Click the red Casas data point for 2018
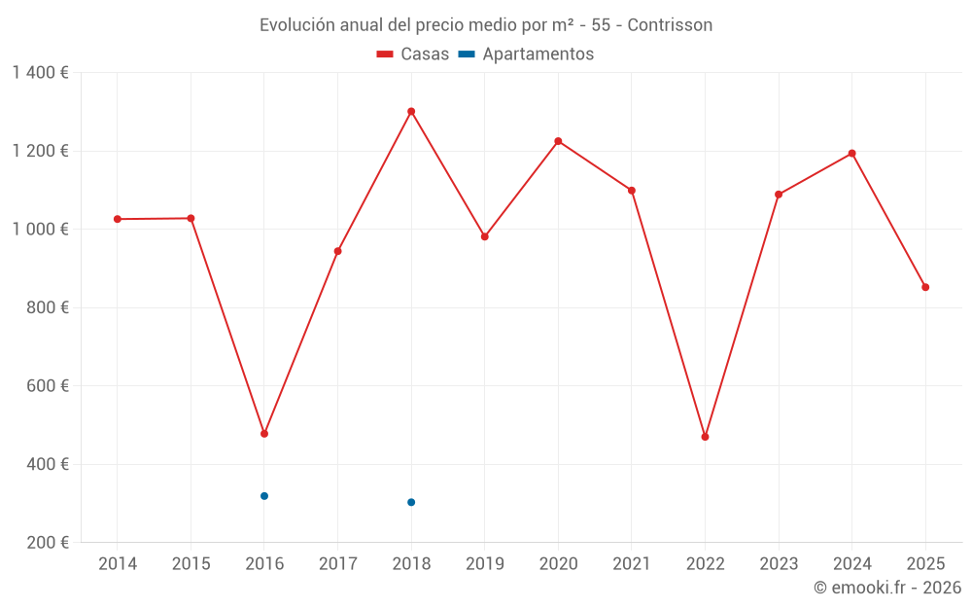411,111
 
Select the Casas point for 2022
705,437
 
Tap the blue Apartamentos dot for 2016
264,496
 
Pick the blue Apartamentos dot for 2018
411,502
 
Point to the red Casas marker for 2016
264,434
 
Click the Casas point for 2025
925,287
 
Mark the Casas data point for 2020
558,141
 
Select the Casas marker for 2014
118,219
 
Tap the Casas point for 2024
852,154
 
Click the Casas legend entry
413,54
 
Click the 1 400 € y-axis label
40,73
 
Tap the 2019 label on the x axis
485,564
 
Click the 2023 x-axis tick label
779,564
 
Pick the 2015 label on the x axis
191,564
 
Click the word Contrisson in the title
670,25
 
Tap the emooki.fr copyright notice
886,588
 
